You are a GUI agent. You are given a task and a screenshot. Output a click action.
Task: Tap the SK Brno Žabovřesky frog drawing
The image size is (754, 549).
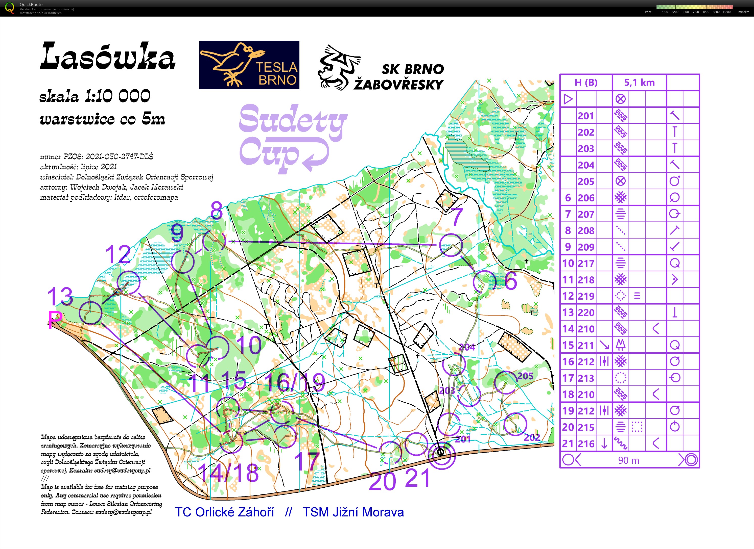click(338, 68)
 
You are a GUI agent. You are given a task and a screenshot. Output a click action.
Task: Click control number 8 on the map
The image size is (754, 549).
click(216, 210)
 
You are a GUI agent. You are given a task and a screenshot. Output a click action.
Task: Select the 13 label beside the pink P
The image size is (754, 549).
click(60, 296)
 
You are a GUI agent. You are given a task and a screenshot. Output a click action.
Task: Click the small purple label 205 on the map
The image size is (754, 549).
click(525, 376)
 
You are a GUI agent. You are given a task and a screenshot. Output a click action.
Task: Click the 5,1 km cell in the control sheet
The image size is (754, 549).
click(639, 83)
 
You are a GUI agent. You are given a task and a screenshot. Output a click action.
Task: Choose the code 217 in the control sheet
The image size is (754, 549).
click(586, 264)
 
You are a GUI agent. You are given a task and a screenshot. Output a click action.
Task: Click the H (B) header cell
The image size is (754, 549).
click(586, 83)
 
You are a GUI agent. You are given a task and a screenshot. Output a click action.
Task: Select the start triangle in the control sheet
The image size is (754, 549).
click(568, 99)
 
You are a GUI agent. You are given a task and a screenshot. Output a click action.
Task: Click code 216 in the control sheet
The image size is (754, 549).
click(586, 444)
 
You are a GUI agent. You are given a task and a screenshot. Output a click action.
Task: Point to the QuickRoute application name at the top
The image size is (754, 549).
click(31, 4)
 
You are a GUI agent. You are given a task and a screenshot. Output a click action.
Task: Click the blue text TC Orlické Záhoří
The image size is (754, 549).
click(224, 512)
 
